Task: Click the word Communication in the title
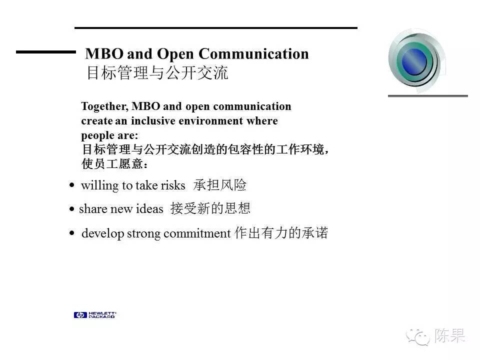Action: click(x=253, y=54)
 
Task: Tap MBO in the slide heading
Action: click(x=104, y=54)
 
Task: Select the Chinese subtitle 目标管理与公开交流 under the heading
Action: click(x=157, y=73)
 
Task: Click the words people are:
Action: click(x=109, y=135)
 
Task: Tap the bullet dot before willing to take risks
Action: click(x=72, y=185)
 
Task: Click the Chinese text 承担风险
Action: click(x=220, y=185)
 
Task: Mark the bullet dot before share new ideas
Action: click(x=72, y=209)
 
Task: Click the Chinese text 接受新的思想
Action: click(x=210, y=208)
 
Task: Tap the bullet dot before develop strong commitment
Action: click(x=72, y=233)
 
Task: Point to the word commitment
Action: click(x=197, y=233)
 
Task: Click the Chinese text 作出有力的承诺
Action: click(x=281, y=232)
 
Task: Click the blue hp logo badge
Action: click(x=80, y=315)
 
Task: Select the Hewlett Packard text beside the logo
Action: click(x=102, y=315)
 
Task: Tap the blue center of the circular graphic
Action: click(x=414, y=61)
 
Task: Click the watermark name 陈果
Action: click(x=449, y=335)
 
